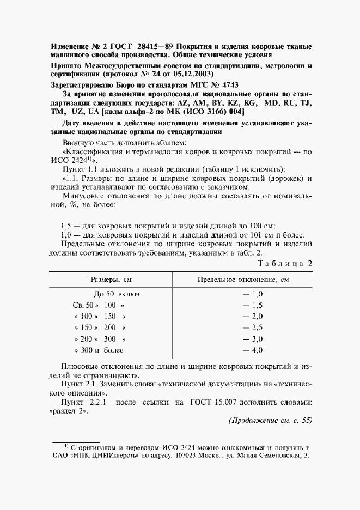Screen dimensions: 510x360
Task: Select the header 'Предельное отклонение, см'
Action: (x=243, y=280)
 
